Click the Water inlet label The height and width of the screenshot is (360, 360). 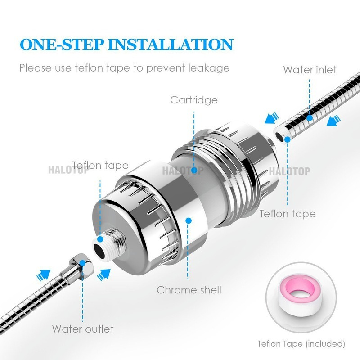click(310, 70)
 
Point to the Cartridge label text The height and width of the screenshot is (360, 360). click(193, 99)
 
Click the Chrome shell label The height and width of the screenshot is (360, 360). click(189, 290)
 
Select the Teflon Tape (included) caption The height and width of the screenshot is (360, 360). click(301, 344)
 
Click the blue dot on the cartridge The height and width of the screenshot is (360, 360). click(194, 170)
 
